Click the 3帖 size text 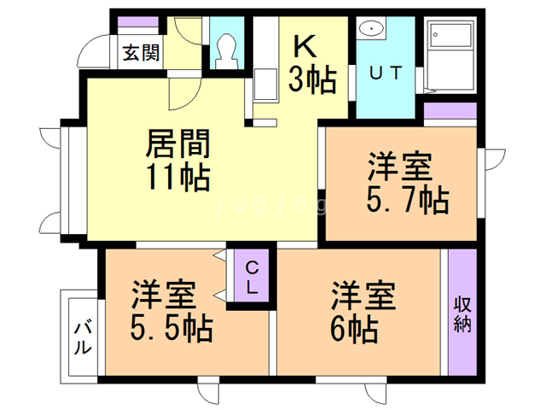pos(311,80)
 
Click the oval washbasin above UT pos(373,30)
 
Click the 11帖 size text pos(178,178)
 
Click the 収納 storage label pos(462,313)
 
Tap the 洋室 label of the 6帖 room pos(363,295)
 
